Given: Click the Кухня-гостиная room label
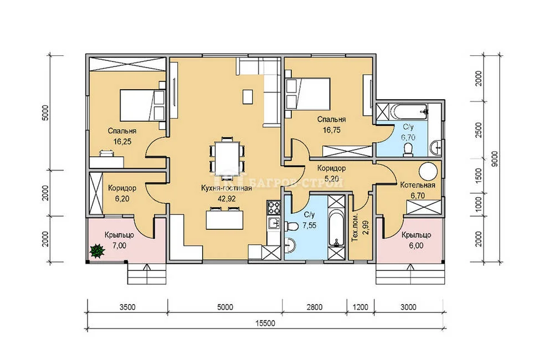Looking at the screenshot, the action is pyautogui.click(x=227, y=188).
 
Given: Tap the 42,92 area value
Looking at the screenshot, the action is pyautogui.click(x=227, y=199).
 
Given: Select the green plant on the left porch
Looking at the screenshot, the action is pyautogui.click(x=97, y=251).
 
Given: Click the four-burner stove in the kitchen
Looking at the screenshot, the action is pyautogui.click(x=274, y=208).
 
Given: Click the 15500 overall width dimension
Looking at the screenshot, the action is pyautogui.click(x=265, y=323).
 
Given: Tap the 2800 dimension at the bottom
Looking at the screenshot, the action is pyautogui.click(x=314, y=307).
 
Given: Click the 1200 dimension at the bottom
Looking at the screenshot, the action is pyautogui.click(x=360, y=307).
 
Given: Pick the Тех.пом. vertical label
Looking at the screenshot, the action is pyautogui.click(x=356, y=228).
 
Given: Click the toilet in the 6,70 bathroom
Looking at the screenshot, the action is pyautogui.click(x=408, y=150).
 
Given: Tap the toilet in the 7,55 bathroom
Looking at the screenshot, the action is pyautogui.click(x=291, y=225).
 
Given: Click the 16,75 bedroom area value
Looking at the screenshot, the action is pyautogui.click(x=331, y=130).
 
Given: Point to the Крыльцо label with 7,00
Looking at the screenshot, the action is pyautogui.click(x=120, y=235).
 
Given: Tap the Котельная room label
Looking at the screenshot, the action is pyautogui.click(x=417, y=185).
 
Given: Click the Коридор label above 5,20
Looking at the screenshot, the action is pyautogui.click(x=331, y=168).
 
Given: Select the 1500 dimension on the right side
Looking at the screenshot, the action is pyautogui.click(x=479, y=175).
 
